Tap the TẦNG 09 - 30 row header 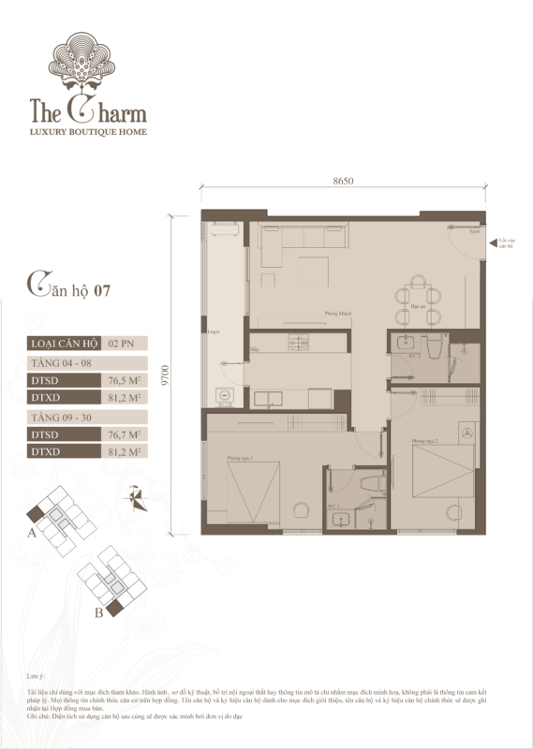pyautogui.click(x=58, y=416)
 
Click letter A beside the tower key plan pyautogui.click(x=32, y=534)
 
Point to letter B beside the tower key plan pyautogui.click(x=97, y=614)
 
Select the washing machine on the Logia pyautogui.click(x=225, y=395)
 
